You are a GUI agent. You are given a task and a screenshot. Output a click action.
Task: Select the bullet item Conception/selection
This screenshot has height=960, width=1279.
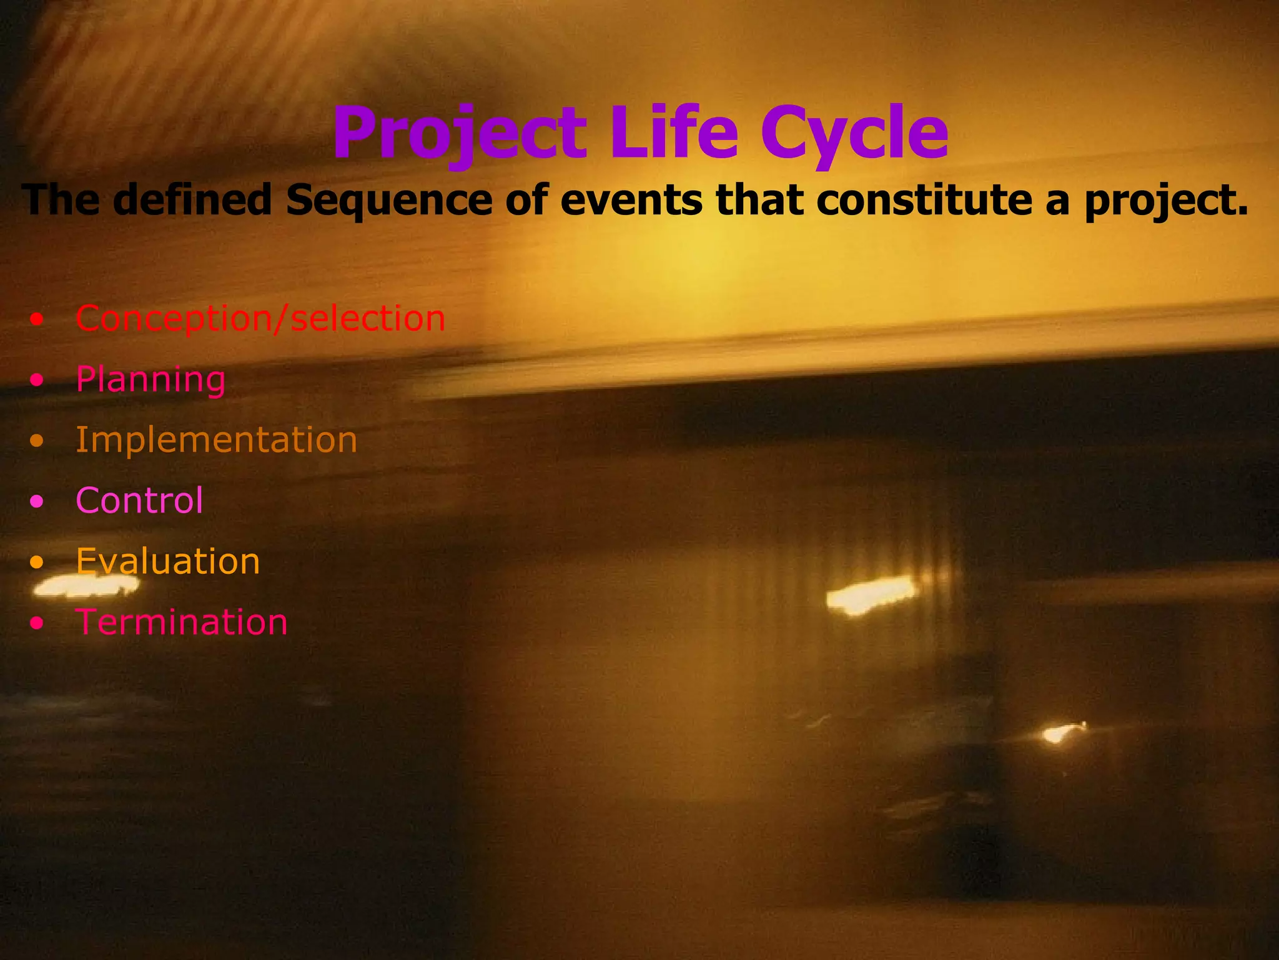click(260, 319)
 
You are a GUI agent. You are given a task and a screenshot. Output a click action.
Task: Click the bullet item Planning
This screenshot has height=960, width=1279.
click(151, 379)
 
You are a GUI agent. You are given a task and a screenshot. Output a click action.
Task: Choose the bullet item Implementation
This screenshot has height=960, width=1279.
click(216, 440)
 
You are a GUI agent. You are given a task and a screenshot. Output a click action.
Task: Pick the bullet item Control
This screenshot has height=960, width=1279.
click(139, 501)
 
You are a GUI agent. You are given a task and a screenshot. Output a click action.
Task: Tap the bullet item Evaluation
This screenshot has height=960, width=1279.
click(167, 561)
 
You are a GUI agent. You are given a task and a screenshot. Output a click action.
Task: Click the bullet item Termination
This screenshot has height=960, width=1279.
click(181, 622)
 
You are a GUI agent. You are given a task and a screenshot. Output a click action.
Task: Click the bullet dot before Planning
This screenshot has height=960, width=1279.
click(37, 380)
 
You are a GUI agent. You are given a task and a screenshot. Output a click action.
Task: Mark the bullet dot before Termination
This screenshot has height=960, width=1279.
click(37, 623)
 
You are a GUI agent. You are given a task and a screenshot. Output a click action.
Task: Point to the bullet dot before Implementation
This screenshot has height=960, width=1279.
click(37, 441)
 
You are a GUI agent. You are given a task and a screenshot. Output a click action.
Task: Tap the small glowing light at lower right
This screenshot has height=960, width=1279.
click(1059, 732)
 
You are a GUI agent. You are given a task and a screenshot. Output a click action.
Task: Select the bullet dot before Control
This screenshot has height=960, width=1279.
click(37, 501)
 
